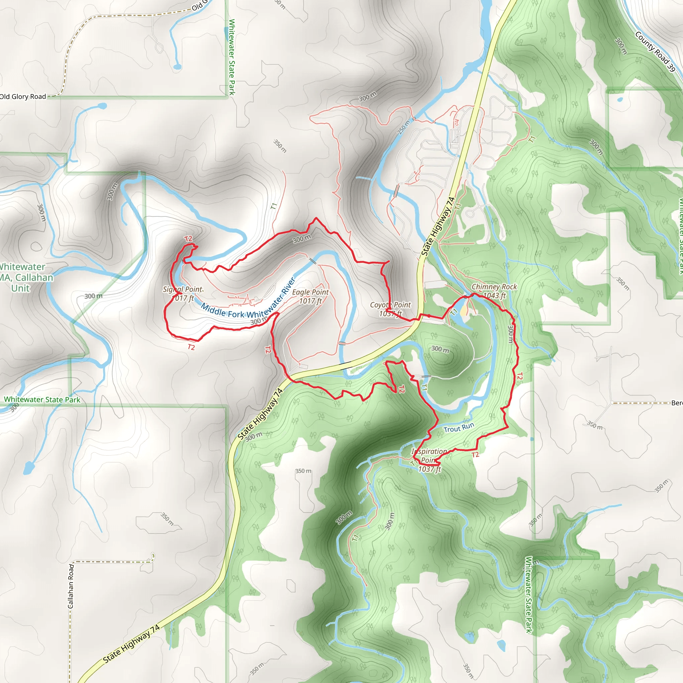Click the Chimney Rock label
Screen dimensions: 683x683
[x=494, y=287]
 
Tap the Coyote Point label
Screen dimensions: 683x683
[x=390, y=305]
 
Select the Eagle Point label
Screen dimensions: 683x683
[x=310, y=292]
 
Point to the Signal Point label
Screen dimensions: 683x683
[x=182, y=289]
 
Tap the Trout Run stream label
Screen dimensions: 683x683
[x=459, y=428]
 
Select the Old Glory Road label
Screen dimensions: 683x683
[x=23, y=96]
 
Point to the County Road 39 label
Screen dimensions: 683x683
[x=655, y=52]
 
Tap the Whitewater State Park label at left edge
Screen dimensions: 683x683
[x=42, y=400]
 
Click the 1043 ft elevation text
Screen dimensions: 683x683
[x=494, y=295]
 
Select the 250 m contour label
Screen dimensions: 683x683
[x=404, y=127]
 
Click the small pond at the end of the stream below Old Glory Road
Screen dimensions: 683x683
[x=177, y=66]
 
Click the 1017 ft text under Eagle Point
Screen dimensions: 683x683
[x=310, y=301]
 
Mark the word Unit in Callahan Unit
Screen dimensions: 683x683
[x=20, y=288]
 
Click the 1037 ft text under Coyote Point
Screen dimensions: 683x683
[x=390, y=313]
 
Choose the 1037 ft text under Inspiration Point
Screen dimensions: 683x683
[x=430, y=469]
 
